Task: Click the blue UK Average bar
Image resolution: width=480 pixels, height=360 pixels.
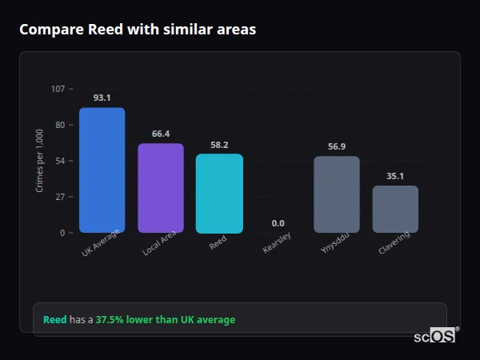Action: pyautogui.click(x=102, y=170)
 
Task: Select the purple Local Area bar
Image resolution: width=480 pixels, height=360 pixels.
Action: pyautogui.click(x=161, y=188)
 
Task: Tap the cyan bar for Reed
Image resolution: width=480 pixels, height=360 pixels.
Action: pyautogui.click(x=219, y=194)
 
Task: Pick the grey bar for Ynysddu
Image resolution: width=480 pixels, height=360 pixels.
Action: pyautogui.click(x=337, y=194)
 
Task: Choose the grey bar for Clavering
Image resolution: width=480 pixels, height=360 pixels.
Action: pyautogui.click(x=395, y=209)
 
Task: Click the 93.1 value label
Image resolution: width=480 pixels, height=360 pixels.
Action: pyautogui.click(x=102, y=98)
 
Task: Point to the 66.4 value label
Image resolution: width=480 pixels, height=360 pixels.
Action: pyautogui.click(x=161, y=134)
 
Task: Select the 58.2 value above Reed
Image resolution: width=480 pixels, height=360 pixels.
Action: pyautogui.click(x=219, y=145)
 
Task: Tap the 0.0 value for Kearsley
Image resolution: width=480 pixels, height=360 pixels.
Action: pyautogui.click(x=278, y=223)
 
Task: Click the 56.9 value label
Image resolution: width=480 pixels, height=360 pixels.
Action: pyautogui.click(x=337, y=146)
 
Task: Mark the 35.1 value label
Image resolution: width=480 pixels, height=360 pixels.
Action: pyautogui.click(x=395, y=176)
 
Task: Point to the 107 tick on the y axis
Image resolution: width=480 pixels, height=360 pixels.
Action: pyautogui.click(x=58, y=89)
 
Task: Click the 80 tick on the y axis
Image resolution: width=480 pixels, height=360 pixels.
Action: pyautogui.click(x=60, y=125)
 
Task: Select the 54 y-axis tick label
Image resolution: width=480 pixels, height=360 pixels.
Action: pyautogui.click(x=60, y=161)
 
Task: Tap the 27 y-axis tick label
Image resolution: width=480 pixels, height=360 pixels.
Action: pyautogui.click(x=60, y=197)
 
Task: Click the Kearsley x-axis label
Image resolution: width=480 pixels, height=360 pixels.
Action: pyautogui.click(x=277, y=243)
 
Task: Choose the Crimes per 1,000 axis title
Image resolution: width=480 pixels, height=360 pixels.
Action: pyautogui.click(x=40, y=160)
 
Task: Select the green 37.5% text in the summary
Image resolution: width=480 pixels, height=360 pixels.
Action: pyautogui.click(x=110, y=320)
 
